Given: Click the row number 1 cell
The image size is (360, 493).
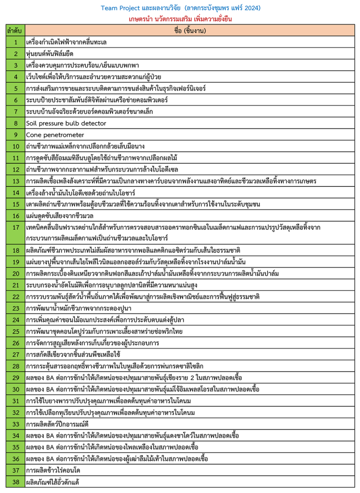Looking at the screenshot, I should pyautogui.click(x=15, y=42).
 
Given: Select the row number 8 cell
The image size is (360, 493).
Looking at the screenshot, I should pyautogui.click(x=15, y=123).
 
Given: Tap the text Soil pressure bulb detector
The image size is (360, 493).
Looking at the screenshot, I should pyautogui.click(x=66, y=123).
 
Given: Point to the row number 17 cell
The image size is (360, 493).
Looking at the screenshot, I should pyautogui.click(x=15, y=233).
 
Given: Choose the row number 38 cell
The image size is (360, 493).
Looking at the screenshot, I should pyautogui.click(x=15, y=482).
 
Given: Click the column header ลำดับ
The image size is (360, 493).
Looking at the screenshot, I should pyautogui.click(x=14, y=31).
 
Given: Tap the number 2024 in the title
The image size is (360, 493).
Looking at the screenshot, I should pyautogui.click(x=251, y=8).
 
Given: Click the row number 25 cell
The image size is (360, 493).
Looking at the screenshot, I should pyautogui.click(x=15, y=331).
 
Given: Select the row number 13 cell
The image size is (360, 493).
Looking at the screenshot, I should pyautogui.click(x=15, y=181).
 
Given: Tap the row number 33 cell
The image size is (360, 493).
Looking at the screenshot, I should pyautogui.click(x=15, y=424).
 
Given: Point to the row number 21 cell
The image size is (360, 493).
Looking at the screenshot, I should pyautogui.click(x=15, y=285).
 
